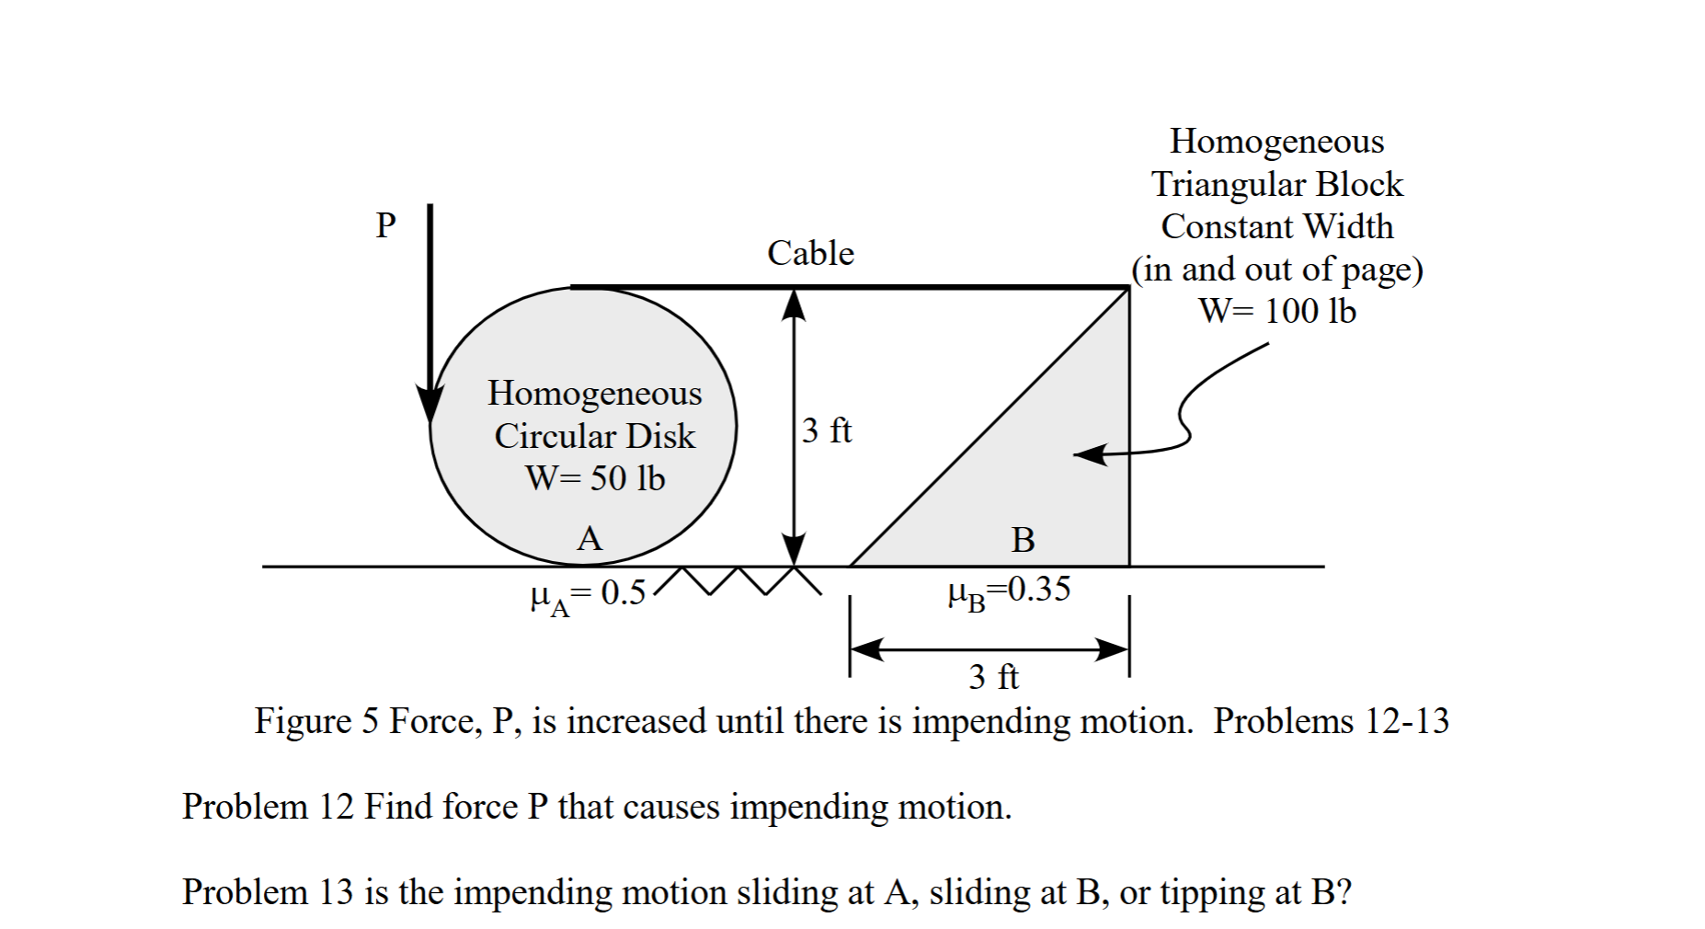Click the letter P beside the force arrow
(385, 224)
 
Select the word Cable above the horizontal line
(810, 253)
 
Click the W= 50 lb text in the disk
(595, 478)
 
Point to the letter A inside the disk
(589, 538)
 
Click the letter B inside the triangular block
(1023, 540)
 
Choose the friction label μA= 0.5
(589, 594)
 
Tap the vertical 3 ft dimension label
(827, 430)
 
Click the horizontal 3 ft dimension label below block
(993, 677)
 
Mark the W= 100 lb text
(1277, 311)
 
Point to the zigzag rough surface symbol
(741, 580)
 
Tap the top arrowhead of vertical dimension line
(794, 304)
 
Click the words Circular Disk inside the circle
(595, 436)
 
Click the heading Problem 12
(268, 807)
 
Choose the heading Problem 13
(268, 892)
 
